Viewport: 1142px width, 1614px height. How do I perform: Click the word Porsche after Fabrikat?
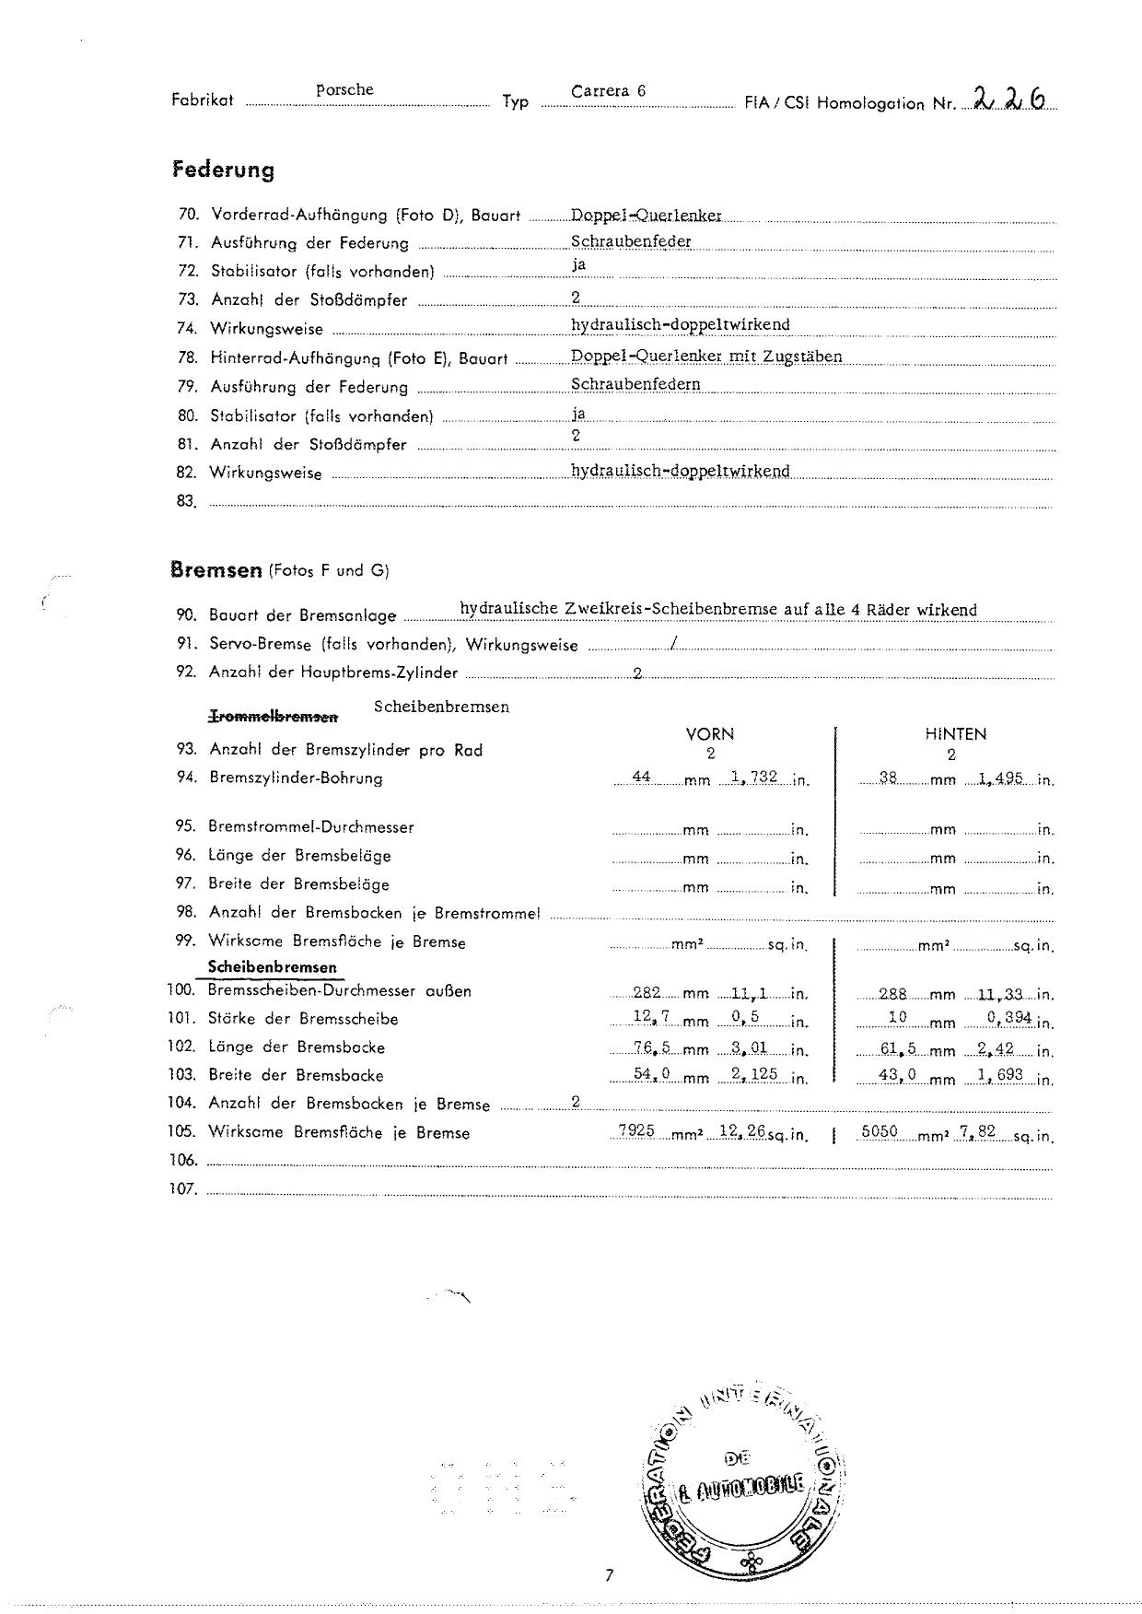(x=344, y=90)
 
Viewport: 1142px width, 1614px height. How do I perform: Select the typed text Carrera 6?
(x=608, y=91)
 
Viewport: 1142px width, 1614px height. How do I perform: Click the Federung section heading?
(x=223, y=170)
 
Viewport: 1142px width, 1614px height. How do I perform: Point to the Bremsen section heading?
(x=216, y=570)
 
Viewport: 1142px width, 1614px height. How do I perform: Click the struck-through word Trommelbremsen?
(x=274, y=716)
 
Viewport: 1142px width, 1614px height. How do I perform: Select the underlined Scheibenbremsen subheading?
(x=273, y=967)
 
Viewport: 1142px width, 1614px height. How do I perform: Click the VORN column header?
(x=710, y=734)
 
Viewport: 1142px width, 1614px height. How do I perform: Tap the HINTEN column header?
(x=955, y=734)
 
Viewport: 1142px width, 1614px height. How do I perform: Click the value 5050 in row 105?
(x=879, y=1130)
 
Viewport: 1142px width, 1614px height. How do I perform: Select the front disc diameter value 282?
(x=647, y=992)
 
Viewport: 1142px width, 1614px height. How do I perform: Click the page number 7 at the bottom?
(x=609, y=1574)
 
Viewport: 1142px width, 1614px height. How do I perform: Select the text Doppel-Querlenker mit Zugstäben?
(x=706, y=357)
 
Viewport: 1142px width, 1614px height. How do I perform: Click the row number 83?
(x=187, y=501)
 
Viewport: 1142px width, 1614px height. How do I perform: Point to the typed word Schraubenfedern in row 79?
(x=635, y=384)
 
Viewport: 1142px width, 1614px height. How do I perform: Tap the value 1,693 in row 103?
(x=1000, y=1075)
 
